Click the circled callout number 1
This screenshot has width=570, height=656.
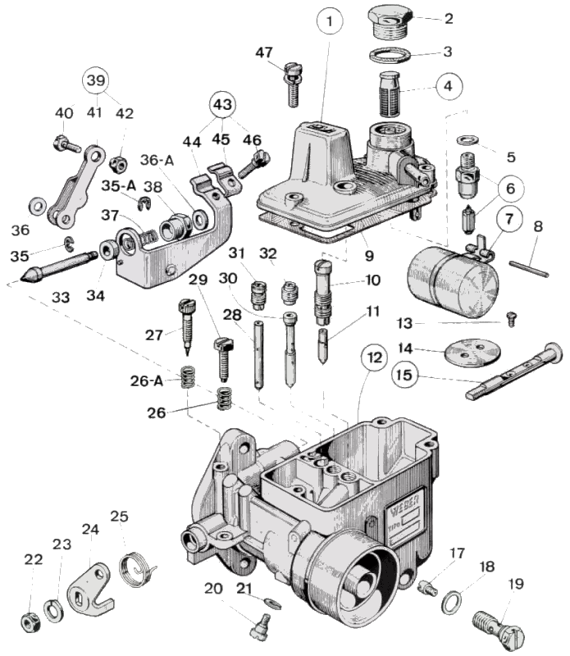tap(329, 23)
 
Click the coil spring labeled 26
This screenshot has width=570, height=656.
tap(225, 399)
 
